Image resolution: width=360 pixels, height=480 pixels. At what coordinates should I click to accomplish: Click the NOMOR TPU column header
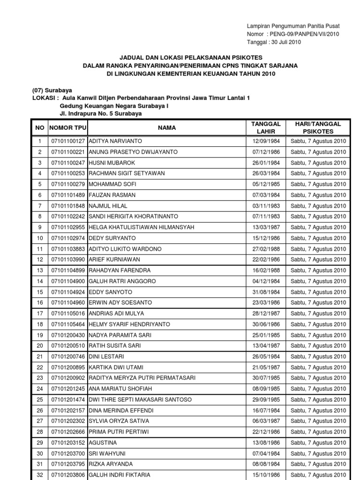(68, 127)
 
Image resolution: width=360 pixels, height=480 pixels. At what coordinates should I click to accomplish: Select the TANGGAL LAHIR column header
(266, 127)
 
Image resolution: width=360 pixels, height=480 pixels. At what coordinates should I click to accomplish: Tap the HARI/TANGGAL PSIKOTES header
(317, 127)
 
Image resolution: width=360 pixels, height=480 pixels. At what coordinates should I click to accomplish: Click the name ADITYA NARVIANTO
(115, 141)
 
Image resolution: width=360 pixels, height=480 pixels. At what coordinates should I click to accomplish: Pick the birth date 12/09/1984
(266, 141)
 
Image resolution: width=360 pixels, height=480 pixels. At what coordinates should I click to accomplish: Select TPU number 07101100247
(68, 163)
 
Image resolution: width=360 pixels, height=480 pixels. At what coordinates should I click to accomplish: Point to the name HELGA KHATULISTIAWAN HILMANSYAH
(141, 227)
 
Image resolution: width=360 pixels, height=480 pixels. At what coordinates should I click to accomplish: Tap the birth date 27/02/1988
(266, 249)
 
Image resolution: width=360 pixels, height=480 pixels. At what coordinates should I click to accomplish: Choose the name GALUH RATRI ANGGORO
(122, 281)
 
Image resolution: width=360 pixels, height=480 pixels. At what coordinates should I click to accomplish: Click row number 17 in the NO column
(40, 314)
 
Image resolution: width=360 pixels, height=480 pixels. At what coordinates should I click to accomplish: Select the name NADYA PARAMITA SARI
(120, 335)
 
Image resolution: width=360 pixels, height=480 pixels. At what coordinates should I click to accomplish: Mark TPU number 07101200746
(68, 357)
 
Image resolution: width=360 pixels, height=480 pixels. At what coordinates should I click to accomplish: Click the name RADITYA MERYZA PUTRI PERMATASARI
(142, 378)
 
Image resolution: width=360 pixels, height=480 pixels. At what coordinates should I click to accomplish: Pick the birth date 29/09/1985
(266, 400)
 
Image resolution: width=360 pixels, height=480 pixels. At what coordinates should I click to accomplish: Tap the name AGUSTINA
(103, 443)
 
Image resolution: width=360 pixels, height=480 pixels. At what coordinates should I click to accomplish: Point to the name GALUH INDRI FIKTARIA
(120, 475)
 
